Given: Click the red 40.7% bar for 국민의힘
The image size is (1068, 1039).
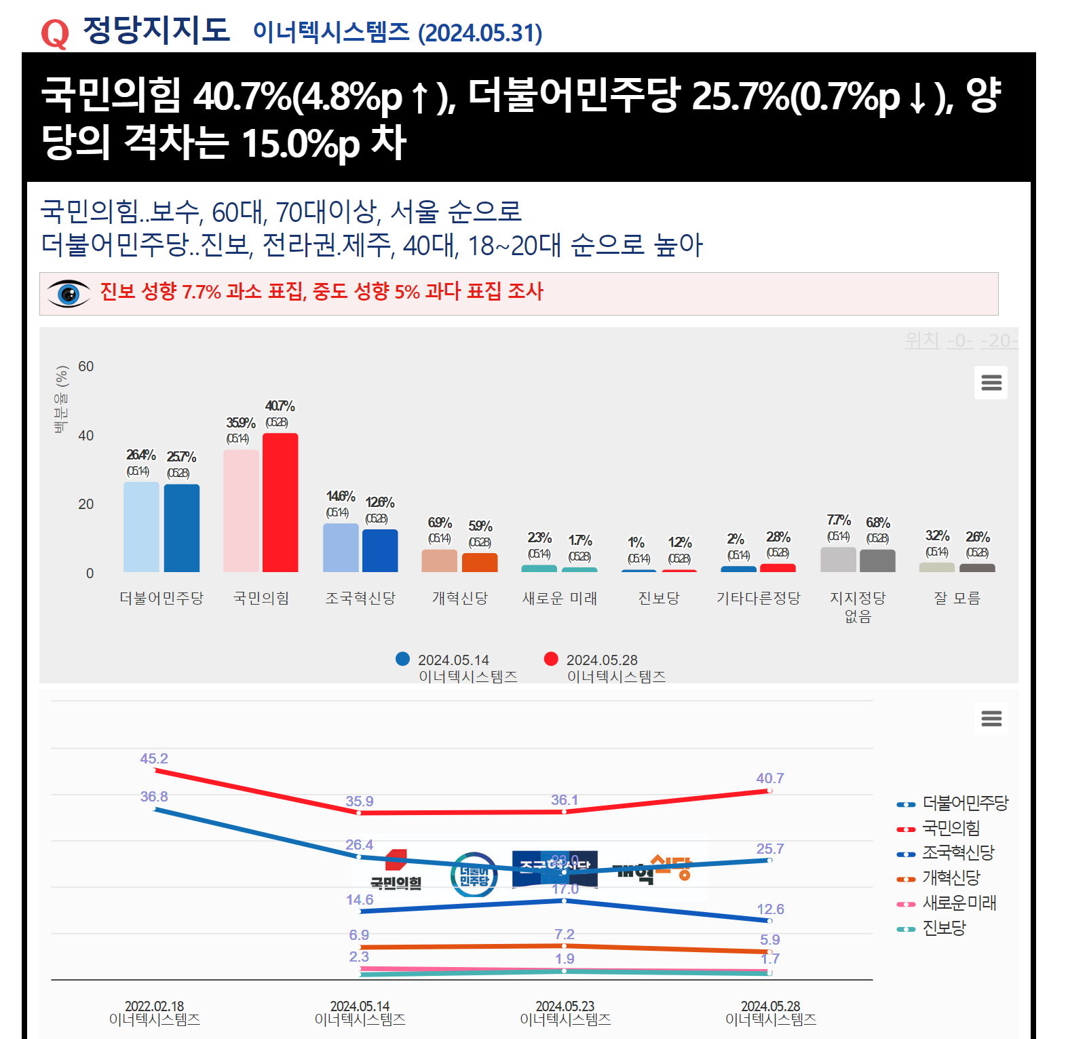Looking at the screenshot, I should (x=280, y=502).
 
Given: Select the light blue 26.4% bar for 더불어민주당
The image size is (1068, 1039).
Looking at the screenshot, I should (x=141, y=527).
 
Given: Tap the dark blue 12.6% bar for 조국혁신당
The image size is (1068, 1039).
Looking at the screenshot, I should (x=380, y=550).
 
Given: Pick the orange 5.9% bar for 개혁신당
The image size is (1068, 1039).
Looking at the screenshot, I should (x=480, y=563).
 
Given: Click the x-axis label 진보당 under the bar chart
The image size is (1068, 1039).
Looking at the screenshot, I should (x=659, y=598).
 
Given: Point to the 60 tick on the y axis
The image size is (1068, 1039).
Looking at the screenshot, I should (x=86, y=366).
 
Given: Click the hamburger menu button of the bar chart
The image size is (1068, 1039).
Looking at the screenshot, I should (x=991, y=383).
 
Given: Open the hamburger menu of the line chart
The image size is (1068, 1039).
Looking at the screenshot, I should (x=991, y=718).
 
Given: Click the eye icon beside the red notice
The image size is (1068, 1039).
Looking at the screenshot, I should (x=69, y=293).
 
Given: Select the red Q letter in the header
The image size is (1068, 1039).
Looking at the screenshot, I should (x=55, y=33).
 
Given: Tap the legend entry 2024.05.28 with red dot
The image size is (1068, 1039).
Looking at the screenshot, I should (x=602, y=660).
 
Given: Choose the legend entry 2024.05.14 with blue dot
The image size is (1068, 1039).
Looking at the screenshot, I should (x=453, y=660).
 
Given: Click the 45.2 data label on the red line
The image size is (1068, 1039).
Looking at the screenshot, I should (x=154, y=759).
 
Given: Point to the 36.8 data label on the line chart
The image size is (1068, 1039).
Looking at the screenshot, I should (x=154, y=797).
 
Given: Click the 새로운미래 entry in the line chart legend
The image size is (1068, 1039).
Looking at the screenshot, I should (x=959, y=903).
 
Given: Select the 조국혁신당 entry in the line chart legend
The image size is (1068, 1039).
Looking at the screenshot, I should (x=957, y=853).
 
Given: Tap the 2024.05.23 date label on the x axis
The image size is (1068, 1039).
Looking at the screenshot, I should (x=565, y=1006).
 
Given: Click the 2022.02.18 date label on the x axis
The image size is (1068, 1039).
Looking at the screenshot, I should (x=155, y=1006).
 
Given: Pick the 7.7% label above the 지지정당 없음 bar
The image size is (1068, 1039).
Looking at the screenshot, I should (x=839, y=521).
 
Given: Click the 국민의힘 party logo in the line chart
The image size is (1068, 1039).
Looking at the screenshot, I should (x=396, y=870).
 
